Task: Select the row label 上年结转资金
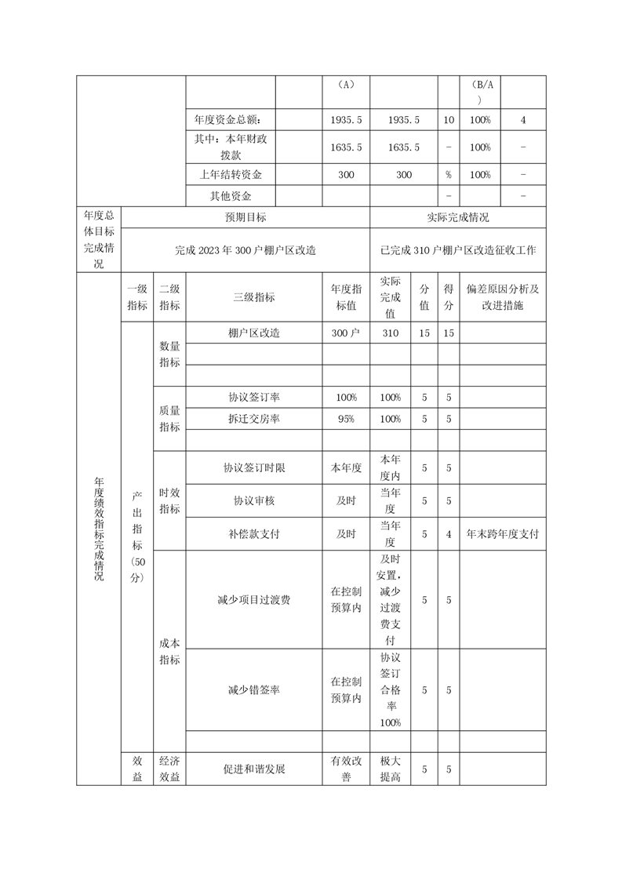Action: point(231,174)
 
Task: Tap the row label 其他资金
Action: point(231,196)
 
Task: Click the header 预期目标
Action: point(246,217)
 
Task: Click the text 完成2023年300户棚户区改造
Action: point(246,250)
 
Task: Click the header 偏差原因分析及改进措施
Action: point(503,297)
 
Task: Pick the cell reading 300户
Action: point(345,333)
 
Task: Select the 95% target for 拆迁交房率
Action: point(345,419)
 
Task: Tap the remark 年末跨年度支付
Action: point(503,533)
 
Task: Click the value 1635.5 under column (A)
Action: point(345,147)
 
